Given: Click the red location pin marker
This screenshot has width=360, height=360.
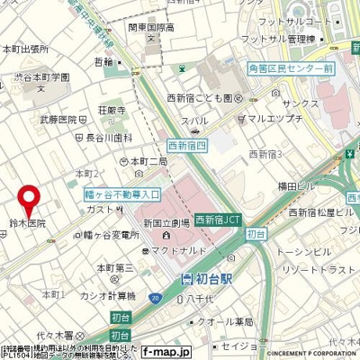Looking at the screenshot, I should coord(30,197).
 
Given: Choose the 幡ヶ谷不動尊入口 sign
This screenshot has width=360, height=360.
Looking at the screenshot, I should coord(115,193).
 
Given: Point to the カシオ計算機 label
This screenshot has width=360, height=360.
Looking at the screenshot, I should coord(103,296).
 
